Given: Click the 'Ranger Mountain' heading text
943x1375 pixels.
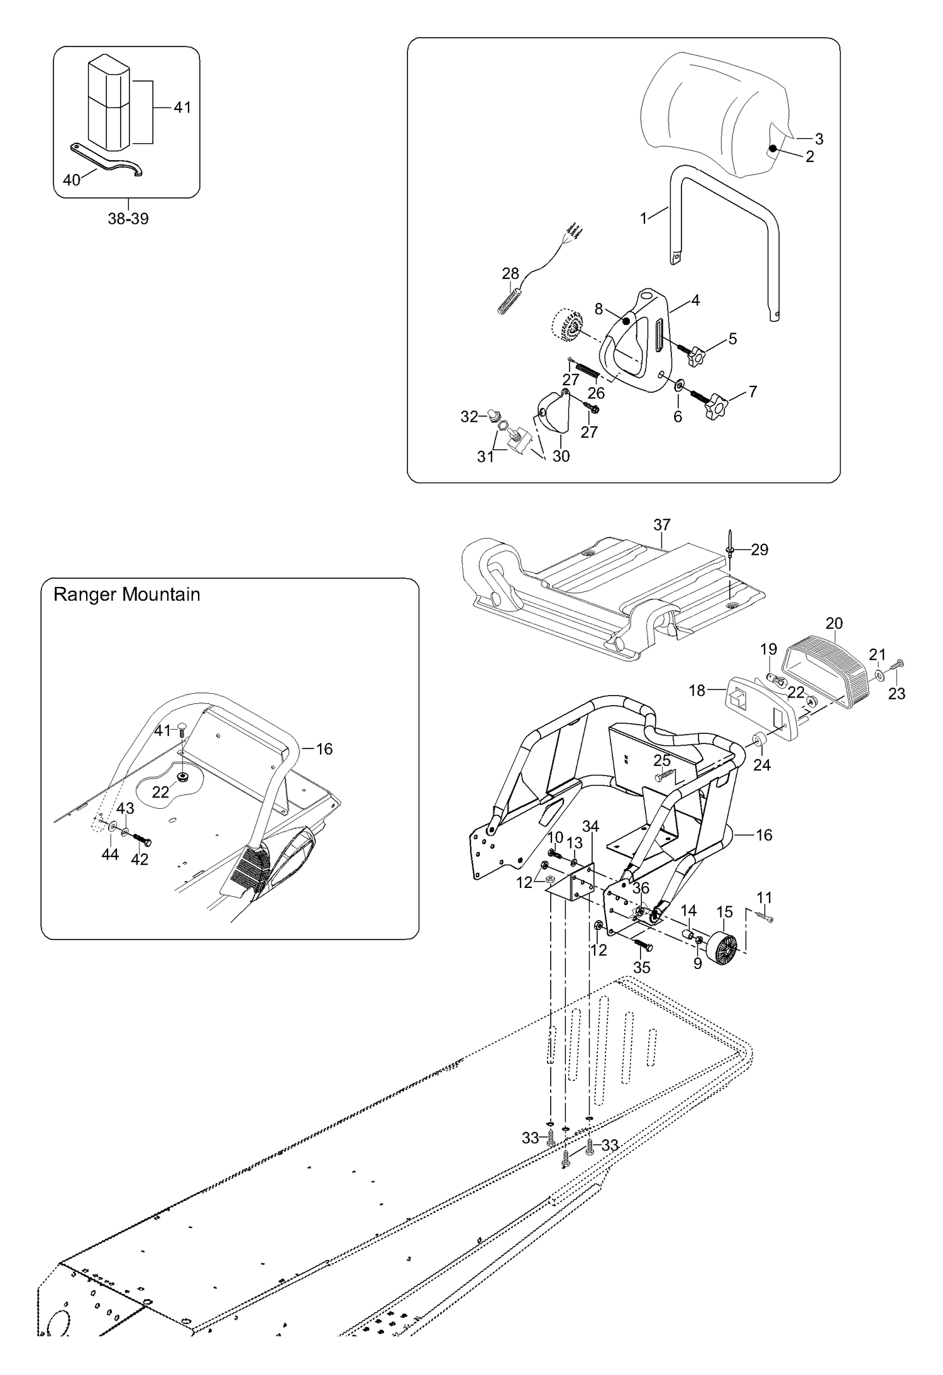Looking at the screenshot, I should (x=126, y=594).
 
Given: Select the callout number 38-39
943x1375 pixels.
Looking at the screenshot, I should (x=128, y=219).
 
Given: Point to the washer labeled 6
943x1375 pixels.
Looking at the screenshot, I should (x=680, y=385).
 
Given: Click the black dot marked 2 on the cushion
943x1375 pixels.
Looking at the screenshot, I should (x=773, y=148).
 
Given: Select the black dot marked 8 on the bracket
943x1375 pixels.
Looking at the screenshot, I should (x=626, y=321).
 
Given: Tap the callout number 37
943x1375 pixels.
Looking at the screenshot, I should (x=662, y=524).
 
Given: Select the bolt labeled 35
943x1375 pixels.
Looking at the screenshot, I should (x=643, y=945).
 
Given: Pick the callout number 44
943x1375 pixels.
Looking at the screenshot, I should (x=110, y=854).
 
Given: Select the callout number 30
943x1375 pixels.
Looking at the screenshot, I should (x=561, y=456).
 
